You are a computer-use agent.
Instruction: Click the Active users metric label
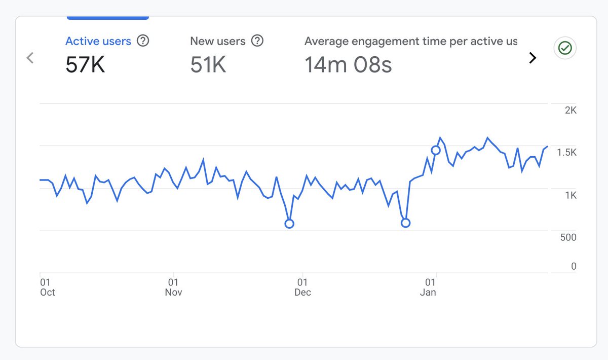[98, 42]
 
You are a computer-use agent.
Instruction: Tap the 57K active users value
[85, 65]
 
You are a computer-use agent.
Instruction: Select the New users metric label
[217, 42]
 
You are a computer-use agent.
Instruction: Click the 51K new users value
[208, 65]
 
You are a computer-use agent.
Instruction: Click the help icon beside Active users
[143, 41]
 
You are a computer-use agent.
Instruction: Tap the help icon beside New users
[257, 41]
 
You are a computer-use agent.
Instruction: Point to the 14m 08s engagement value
[348, 65]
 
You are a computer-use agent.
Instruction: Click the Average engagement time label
[410, 42]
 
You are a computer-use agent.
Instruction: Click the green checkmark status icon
[564, 48]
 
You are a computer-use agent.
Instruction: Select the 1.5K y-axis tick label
[566, 153]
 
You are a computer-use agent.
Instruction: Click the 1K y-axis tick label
[571, 195]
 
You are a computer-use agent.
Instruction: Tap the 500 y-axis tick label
[567, 237]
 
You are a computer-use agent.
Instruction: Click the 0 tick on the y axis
[574, 266]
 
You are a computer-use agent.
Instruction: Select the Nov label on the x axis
[173, 292]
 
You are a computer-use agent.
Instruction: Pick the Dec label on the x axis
[302, 292]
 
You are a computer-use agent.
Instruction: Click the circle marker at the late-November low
[289, 224]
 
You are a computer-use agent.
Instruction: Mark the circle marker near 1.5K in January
[436, 150]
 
